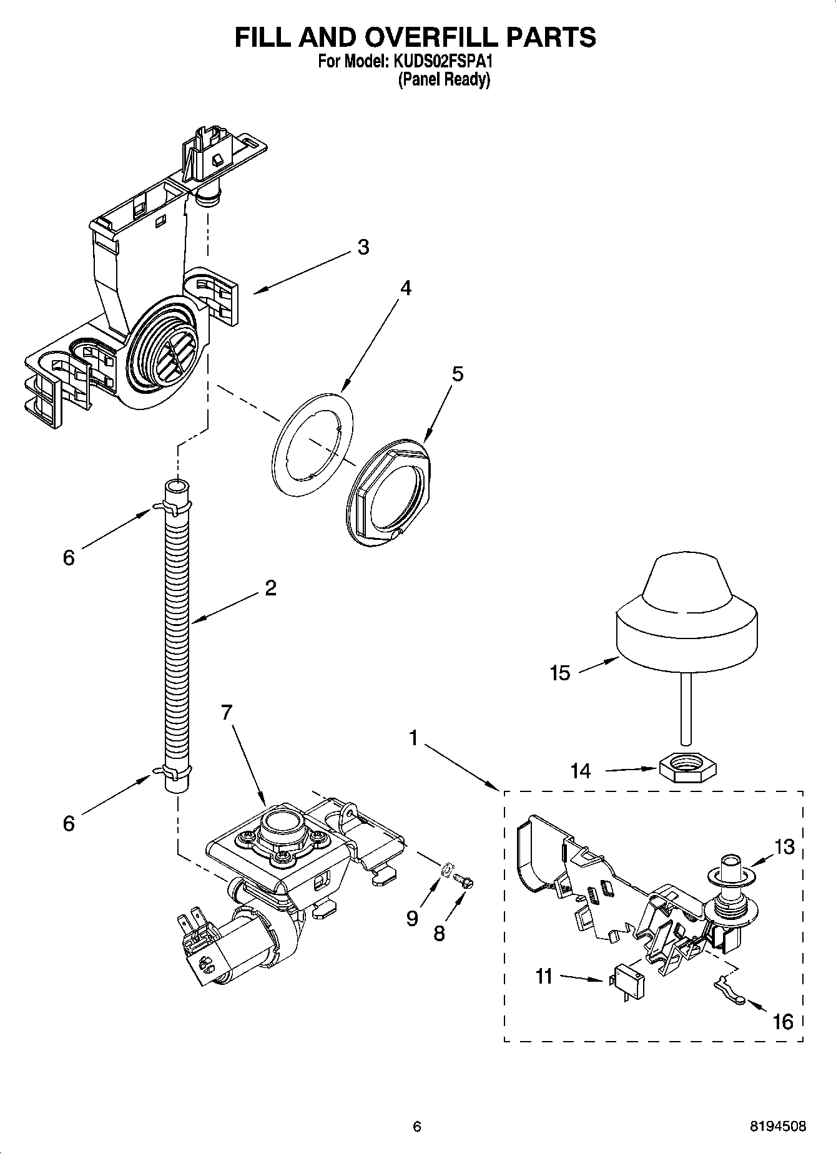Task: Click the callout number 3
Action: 363,247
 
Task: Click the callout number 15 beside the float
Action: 560,673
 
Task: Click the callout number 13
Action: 785,847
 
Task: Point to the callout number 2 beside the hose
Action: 270,588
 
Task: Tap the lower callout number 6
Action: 69,823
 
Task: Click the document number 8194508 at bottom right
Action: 777,1127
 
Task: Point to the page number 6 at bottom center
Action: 417,1127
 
